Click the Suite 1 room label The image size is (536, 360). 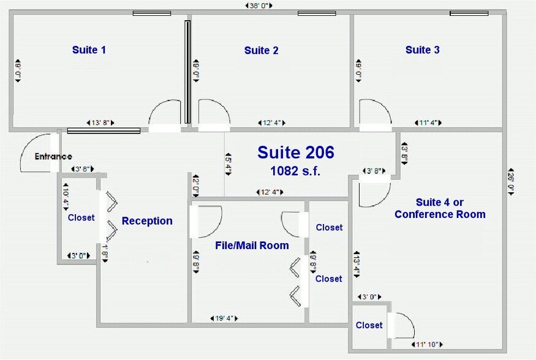pos(89,50)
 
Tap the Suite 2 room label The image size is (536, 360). pos(261,50)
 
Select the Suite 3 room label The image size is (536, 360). pos(422,50)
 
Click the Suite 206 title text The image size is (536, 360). pos(295,152)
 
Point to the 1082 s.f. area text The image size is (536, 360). pos(295,171)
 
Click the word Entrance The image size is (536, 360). pos(53,157)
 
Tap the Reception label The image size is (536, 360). pos(147,221)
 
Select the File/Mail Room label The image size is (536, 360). pos(252,246)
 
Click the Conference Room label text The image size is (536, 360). pos(440,214)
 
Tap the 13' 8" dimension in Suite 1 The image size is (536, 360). pos(100,123)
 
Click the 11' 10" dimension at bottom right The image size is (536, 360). pos(428,344)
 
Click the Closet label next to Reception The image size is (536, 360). pos(81,217)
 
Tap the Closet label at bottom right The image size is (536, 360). pos(369,325)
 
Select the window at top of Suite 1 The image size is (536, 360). pos(151,13)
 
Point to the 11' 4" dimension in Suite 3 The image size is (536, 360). pos(428,123)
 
